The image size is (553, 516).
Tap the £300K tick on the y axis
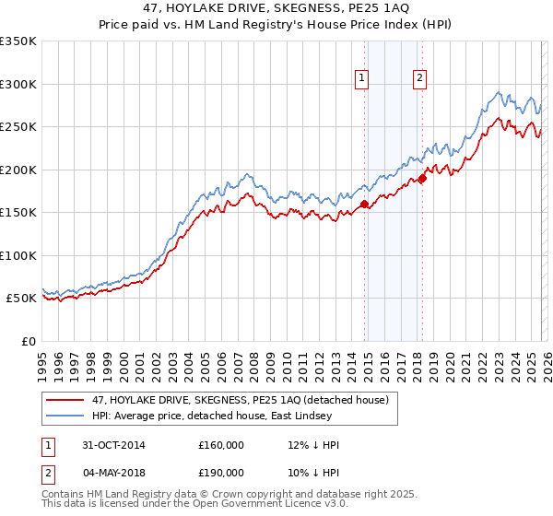tap(18, 84)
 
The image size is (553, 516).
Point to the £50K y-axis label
tap(21, 299)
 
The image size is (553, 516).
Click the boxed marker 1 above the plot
tap(361, 79)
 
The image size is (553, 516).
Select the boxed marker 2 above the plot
tap(419, 79)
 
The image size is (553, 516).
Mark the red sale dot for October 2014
tap(365, 205)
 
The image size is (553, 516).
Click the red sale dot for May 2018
tap(422, 179)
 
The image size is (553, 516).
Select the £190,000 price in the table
tap(221, 473)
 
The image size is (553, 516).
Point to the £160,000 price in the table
tap(221, 445)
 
